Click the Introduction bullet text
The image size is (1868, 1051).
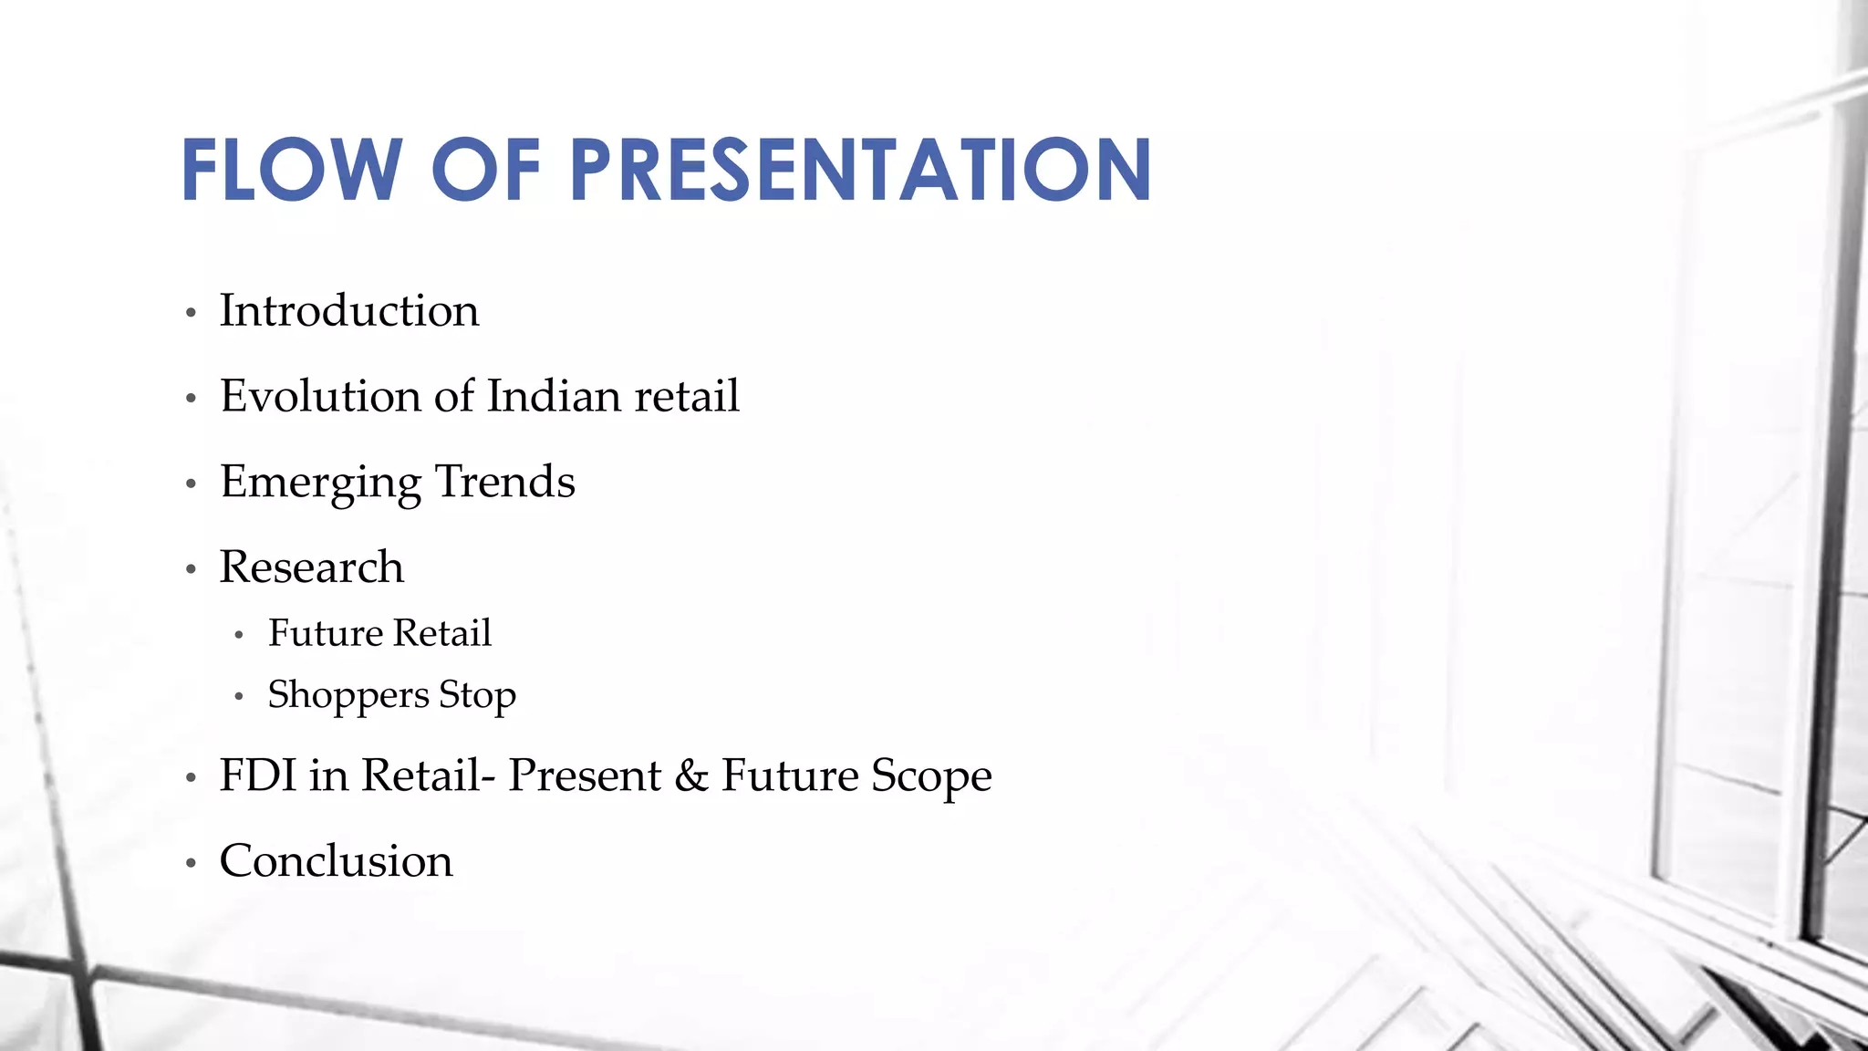coord(349,311)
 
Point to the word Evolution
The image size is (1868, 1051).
coord(320,396)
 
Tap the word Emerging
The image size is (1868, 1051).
coord(320,483)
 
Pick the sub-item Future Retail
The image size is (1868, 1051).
coord(379,633)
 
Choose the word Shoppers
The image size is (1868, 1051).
coord(348,696)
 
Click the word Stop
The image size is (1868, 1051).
coord(477,696)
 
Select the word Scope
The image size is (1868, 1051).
coord(930,777)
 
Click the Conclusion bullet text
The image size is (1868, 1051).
coord(336,861)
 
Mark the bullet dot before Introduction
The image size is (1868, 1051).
coord(191,314)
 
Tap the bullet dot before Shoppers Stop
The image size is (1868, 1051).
coord(239,698)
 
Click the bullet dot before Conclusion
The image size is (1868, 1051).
coord(191,863)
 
